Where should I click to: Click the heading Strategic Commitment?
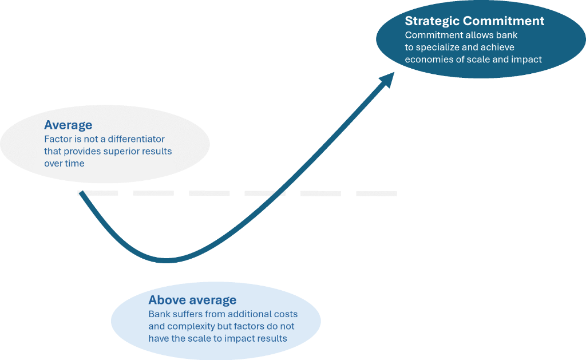pos(474,21)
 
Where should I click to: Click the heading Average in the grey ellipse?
pos(68,125)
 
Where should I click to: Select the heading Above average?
pos(192,300)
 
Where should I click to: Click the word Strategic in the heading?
pos(432,21)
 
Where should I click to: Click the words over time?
pos(64,163)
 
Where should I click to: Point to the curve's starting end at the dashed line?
pos(81,194)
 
